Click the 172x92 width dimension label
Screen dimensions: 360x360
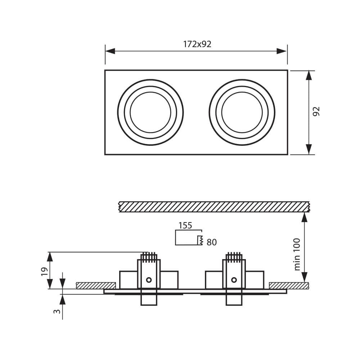197,44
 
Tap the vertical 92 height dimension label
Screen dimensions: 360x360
316,112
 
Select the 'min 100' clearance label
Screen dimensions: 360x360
297,254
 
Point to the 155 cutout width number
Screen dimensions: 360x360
185,226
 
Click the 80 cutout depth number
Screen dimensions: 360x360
212,243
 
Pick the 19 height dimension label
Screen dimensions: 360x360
44,271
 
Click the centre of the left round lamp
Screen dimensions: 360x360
150,112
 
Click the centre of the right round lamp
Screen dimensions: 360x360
242,112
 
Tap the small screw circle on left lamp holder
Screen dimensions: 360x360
149,280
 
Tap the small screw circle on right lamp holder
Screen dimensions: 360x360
234,280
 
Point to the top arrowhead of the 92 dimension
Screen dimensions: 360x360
309,75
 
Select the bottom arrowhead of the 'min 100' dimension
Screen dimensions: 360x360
305,277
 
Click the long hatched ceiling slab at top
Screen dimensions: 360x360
214,207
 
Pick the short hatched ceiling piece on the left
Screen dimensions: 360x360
96,285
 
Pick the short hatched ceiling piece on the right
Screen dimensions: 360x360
289,285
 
